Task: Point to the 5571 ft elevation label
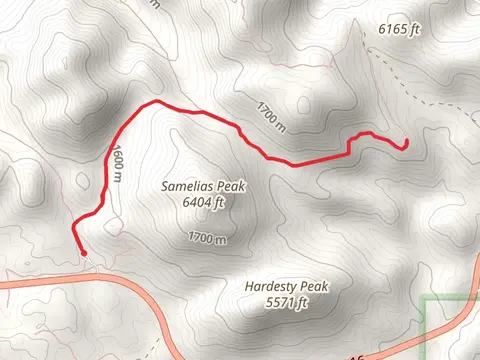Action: click(286, 302)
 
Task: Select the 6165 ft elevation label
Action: click(399, 30)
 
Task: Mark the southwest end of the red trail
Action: click(80, 250)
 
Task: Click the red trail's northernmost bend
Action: click(155, 102)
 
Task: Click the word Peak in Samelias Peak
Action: click(231, 187)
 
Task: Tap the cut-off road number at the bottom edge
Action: click(356, 355)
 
